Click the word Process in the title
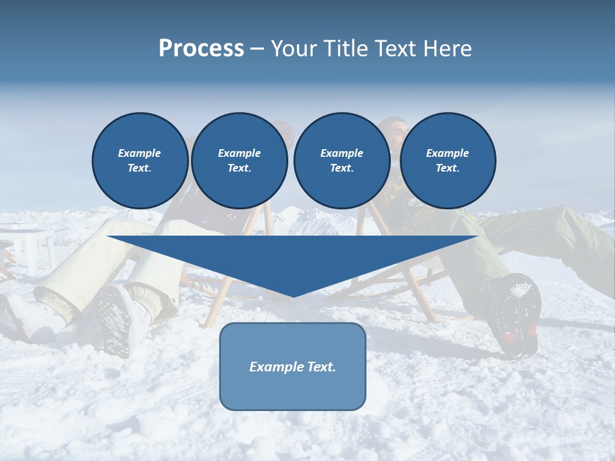point(201,49)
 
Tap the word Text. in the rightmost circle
point(448,168)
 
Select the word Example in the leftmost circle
point(140,153)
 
